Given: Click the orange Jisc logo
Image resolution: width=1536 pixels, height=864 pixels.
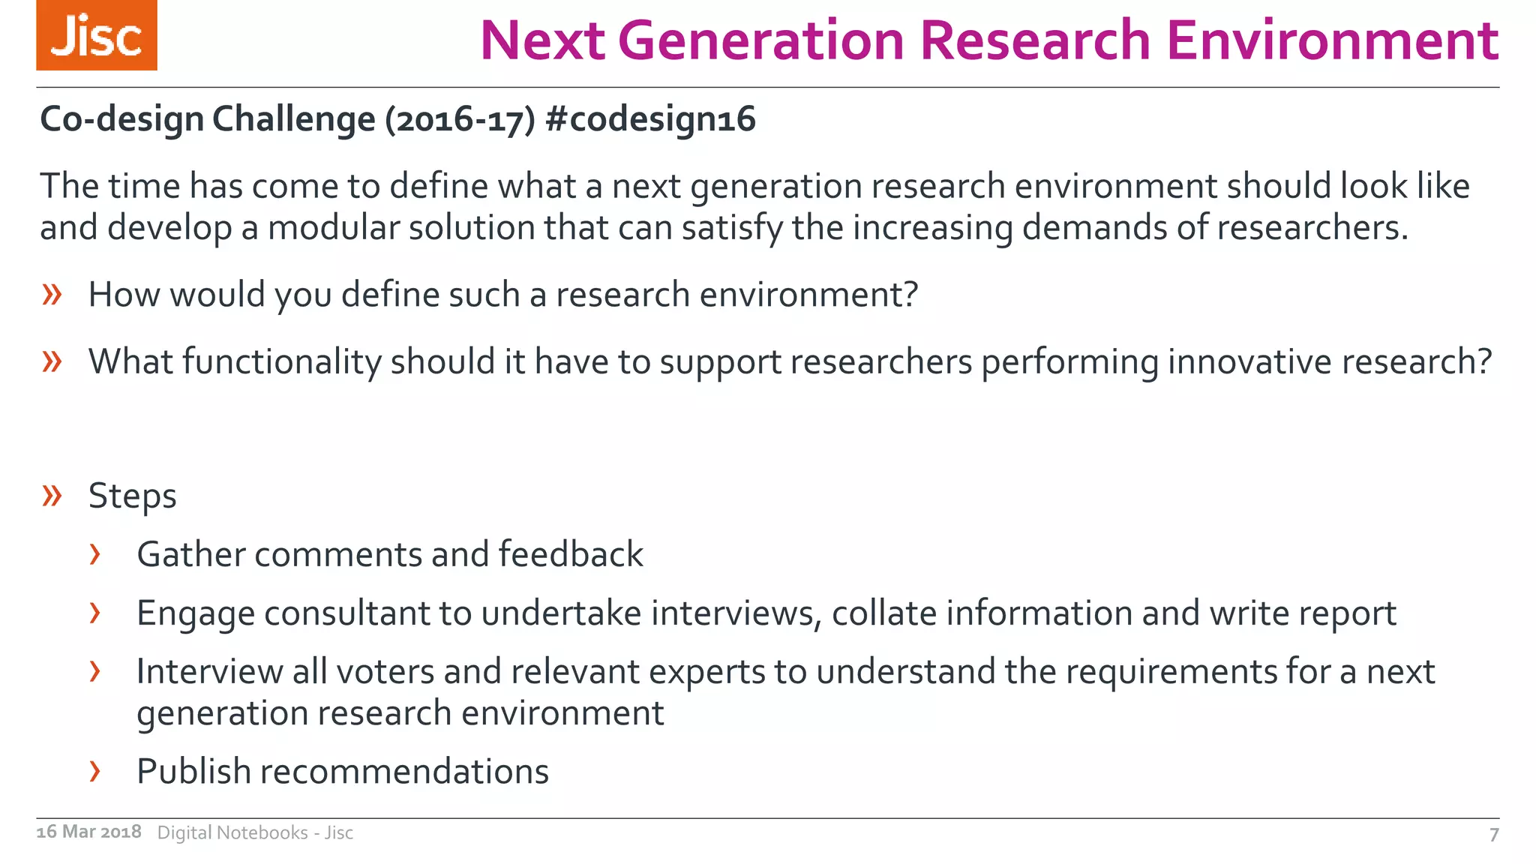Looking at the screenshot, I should click(97, 35).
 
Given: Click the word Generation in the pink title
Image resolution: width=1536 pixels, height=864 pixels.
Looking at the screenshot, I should click(761, 40).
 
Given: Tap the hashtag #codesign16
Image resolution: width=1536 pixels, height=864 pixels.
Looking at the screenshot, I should click(651, 119).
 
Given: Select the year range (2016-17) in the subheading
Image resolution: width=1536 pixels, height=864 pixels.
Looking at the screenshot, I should click(460, 119).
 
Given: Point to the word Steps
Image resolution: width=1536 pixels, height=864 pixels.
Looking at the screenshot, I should click(133, 496).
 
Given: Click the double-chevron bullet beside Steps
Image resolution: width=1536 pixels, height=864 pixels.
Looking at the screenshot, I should click(52, 495).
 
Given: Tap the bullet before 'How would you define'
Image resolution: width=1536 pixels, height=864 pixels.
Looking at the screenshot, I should click(52, 294).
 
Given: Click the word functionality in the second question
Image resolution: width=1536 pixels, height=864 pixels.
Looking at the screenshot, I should click(282, 361).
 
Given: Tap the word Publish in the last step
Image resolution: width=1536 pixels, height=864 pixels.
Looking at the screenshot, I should click(193, 771).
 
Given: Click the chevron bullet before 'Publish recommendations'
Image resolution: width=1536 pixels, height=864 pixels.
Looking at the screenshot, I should click(94, 770).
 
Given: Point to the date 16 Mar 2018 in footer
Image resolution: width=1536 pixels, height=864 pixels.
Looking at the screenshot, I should click(88, 832).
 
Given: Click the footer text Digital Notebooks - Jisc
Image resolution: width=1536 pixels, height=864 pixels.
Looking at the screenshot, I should click(255, 832).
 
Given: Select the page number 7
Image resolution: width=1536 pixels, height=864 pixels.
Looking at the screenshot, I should click(1493, 834).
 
